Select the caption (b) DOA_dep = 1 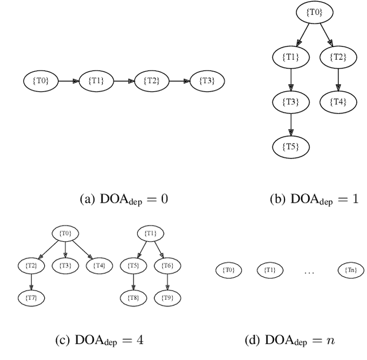(x=314, y=199)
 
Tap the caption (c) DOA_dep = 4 (x=99, y=340)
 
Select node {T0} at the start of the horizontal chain (x=41, y=81)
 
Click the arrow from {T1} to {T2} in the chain (x=122, y=81)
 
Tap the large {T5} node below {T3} (x=291, y=146)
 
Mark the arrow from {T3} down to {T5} (x=291, y=123)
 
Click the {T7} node (x=32, y=297)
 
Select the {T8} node (x=133, y=297)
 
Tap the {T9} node (x=167, y=297)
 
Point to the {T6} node (x=167, y=265)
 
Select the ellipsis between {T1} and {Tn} (x=309, y=270)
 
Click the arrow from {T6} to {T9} (x=167, y=281)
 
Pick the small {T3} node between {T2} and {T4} (x=65, y=265)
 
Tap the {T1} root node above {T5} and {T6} (x=150, y=233)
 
